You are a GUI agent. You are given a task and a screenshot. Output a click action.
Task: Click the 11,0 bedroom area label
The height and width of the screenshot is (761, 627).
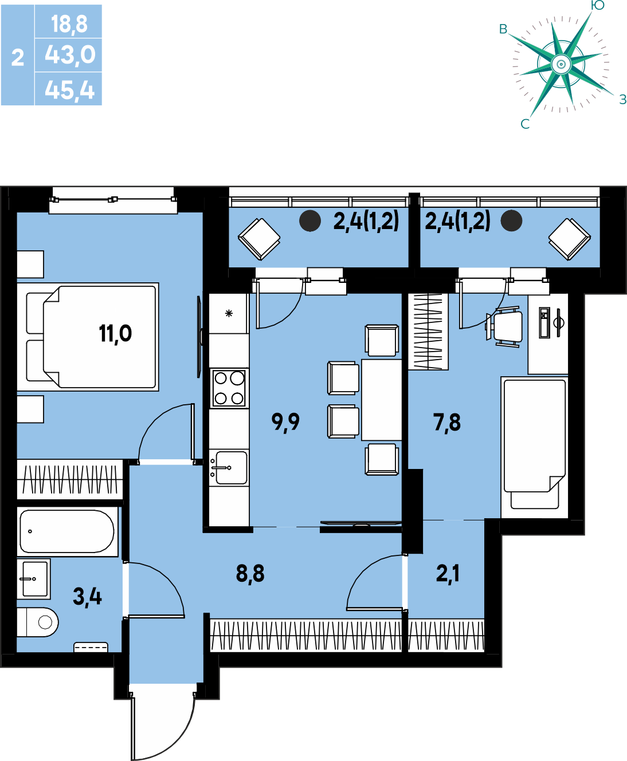[115, 334]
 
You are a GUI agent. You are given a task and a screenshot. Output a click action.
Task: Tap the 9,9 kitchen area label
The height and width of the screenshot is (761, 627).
[285, 423]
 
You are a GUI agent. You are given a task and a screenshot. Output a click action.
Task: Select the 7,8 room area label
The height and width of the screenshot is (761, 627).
[447, 423]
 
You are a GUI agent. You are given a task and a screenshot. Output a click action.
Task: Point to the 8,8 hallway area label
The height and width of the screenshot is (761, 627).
[250, 574]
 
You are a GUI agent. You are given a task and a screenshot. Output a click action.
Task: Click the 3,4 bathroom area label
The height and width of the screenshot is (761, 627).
[88, 597]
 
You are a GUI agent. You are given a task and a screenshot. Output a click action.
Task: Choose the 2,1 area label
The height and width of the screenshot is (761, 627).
[448, 573]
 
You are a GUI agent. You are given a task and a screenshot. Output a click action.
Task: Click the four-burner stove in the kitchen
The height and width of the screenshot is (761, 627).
[229, 388]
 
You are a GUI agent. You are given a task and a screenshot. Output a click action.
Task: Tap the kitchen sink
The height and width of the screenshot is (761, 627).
[229, 468]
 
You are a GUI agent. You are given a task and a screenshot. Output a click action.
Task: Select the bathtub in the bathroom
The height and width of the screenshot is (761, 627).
[68, 531]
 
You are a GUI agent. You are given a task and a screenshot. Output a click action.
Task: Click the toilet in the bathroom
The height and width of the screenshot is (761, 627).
[38, 622]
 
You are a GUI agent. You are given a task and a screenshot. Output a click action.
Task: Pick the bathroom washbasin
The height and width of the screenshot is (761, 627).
[34, 579]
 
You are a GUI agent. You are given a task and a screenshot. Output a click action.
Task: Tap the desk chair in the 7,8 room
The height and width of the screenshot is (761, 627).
[504, 327]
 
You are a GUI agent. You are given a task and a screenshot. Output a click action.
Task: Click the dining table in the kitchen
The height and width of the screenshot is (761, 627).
[381, 400]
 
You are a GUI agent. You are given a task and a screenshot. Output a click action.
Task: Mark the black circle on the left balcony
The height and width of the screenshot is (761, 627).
[310, 220]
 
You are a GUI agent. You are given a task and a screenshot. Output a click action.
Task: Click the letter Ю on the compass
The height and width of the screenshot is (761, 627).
[598, 5]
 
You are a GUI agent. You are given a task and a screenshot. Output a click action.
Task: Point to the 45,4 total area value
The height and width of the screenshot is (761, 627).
[70, 90]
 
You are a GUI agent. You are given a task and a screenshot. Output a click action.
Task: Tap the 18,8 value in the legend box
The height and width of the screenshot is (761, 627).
[69, 25]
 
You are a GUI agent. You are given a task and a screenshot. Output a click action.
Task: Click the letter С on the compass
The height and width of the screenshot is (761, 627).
[525, 124]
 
